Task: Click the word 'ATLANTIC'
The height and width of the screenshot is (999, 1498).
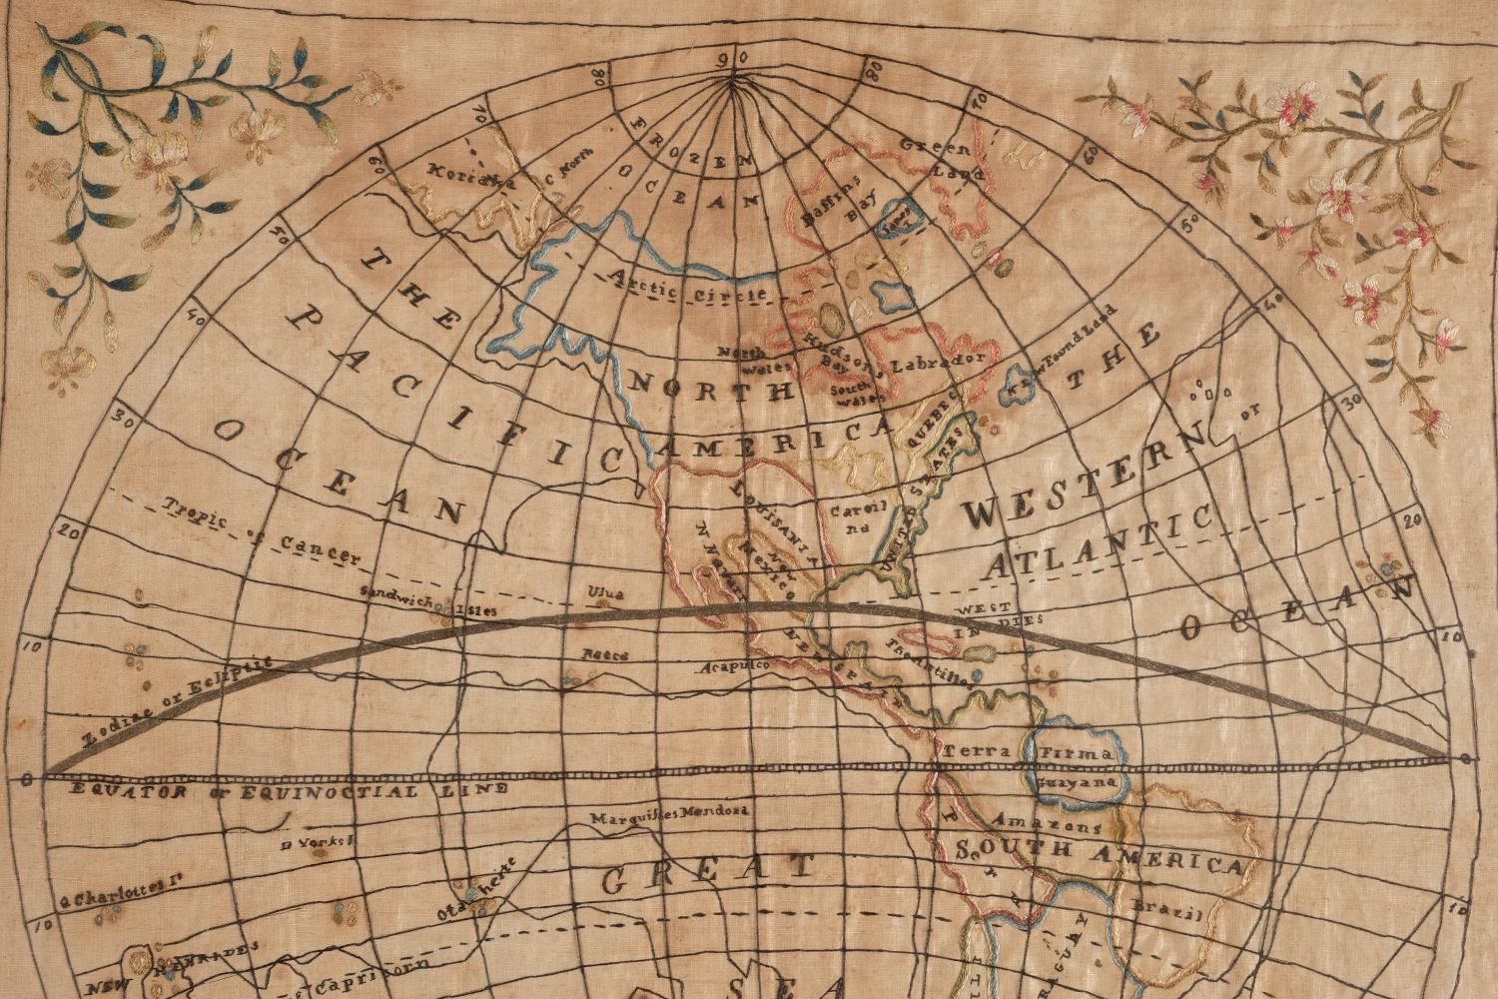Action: coord(1099,542)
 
